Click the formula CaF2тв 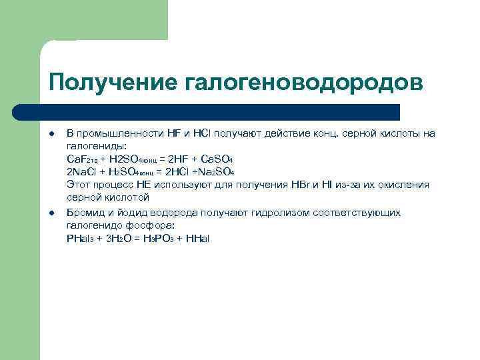[83, 159]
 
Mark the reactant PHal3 [80, 238]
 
